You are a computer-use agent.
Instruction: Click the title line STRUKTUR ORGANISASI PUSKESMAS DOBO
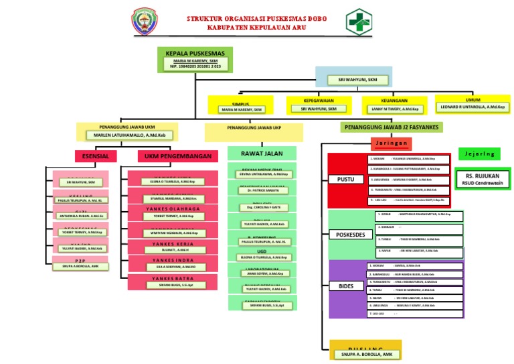click(x=256, y=19)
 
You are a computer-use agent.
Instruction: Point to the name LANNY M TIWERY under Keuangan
click(x=394, y=109)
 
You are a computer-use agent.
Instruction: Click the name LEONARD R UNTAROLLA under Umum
click(x=473, y=107)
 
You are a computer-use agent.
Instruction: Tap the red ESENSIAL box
click(x=96, y=156)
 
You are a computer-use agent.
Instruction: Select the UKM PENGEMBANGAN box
click(x=177, y=156)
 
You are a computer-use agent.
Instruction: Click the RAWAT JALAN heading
click(x=262, y=154)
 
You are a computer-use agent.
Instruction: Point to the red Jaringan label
click(x=391, y=143)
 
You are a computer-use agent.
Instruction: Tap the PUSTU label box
click(x=346, y=179)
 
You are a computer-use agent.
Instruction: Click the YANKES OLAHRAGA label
click(x=172, y=208)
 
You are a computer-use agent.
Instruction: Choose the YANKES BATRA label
click(x=172, y=278)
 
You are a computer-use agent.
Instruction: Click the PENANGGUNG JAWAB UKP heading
click(x=254, y=127)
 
